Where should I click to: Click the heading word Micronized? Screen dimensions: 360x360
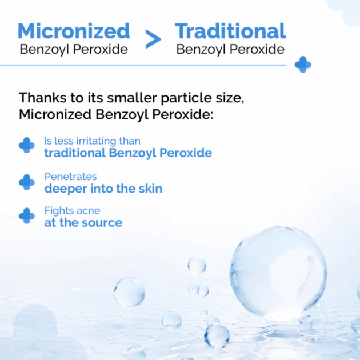(x=74, y=31)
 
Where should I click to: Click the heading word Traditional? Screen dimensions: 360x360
(x=230, y=31)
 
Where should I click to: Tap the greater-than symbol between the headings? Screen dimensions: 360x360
(x=153, y=39)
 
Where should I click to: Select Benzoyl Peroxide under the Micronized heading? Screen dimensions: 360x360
(x=74, y=49)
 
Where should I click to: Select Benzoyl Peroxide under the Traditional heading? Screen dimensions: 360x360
(x=230, y=49)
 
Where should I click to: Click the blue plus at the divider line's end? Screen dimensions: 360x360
(x=303, y=65)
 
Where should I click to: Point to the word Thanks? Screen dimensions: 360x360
(x=43, y=98)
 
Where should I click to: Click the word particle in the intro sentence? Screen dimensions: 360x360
(x=186, y=98)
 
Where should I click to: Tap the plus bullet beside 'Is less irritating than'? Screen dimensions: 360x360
(x=27, y=145)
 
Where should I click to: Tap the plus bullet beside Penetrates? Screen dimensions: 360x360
(x=27, y=182)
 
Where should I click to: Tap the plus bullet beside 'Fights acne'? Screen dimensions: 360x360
(x=27, y=215)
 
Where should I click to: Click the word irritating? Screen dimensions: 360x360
(x=97, y=141)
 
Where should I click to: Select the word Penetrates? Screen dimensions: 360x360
(x=70, y=177)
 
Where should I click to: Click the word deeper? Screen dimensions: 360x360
(x=66, y=189)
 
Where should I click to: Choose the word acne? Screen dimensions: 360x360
(x=88, y=211)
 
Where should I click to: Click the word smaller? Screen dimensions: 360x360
(x=132, y=98)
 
